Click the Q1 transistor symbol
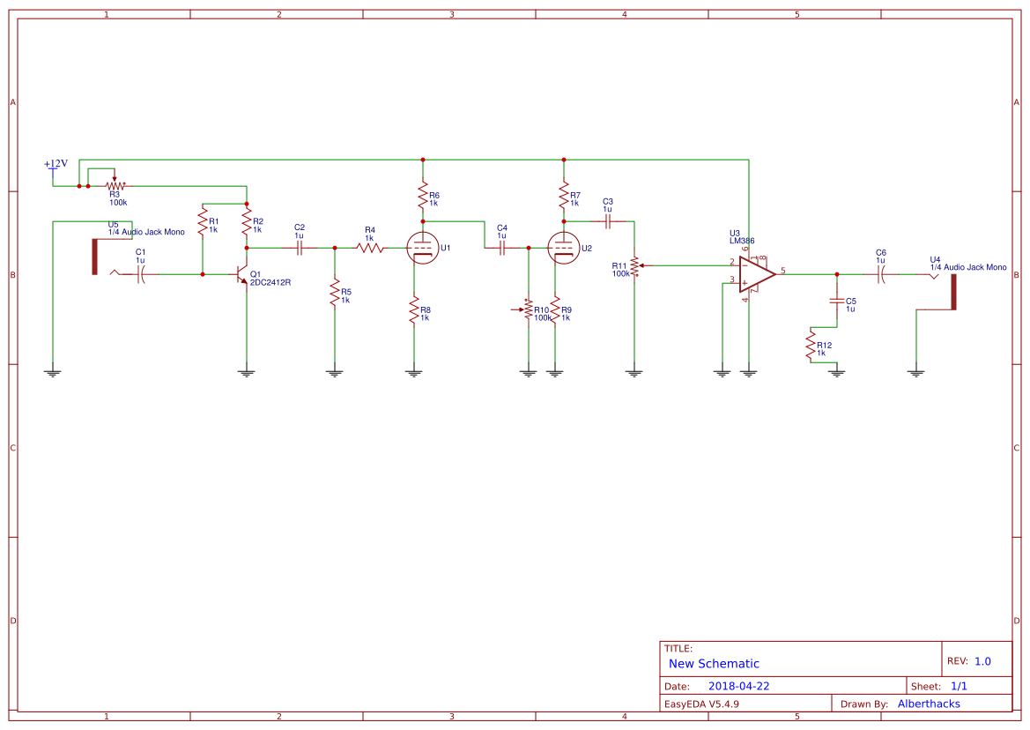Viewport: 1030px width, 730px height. tap(243, 275)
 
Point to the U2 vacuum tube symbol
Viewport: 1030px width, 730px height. tap(563, 249)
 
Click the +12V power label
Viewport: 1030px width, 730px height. tap(56, 164)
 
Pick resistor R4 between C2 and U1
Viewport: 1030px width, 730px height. tap(370, 249)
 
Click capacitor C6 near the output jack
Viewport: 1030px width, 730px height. tap(880, 275)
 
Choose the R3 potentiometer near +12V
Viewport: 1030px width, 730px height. tap(114, 186)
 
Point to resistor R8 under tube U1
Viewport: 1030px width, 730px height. tap(413, 310)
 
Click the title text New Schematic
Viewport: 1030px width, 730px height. tap(714, 664)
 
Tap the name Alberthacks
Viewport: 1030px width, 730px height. tap(929, 704)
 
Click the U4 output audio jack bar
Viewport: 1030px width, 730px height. tap(953, 292)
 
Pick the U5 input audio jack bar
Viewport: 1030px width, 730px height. tap(95, 257)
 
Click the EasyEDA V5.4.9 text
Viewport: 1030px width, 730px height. tap(701, 704)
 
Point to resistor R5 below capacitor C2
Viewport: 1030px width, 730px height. tap(335, 293)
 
